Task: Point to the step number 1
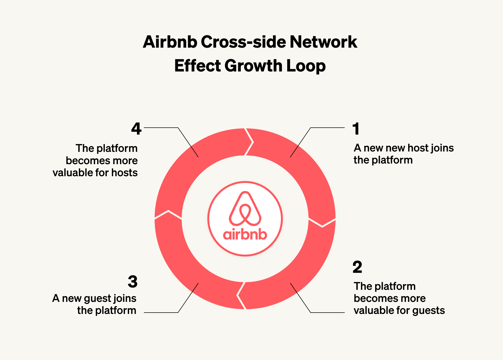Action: click(x=356, y=129)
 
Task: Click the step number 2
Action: click(x=357, y=267)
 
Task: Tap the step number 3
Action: click(x=133, y=282)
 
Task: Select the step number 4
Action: click(x=136, y=129)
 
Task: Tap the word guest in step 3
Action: click(x=97, y=299)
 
